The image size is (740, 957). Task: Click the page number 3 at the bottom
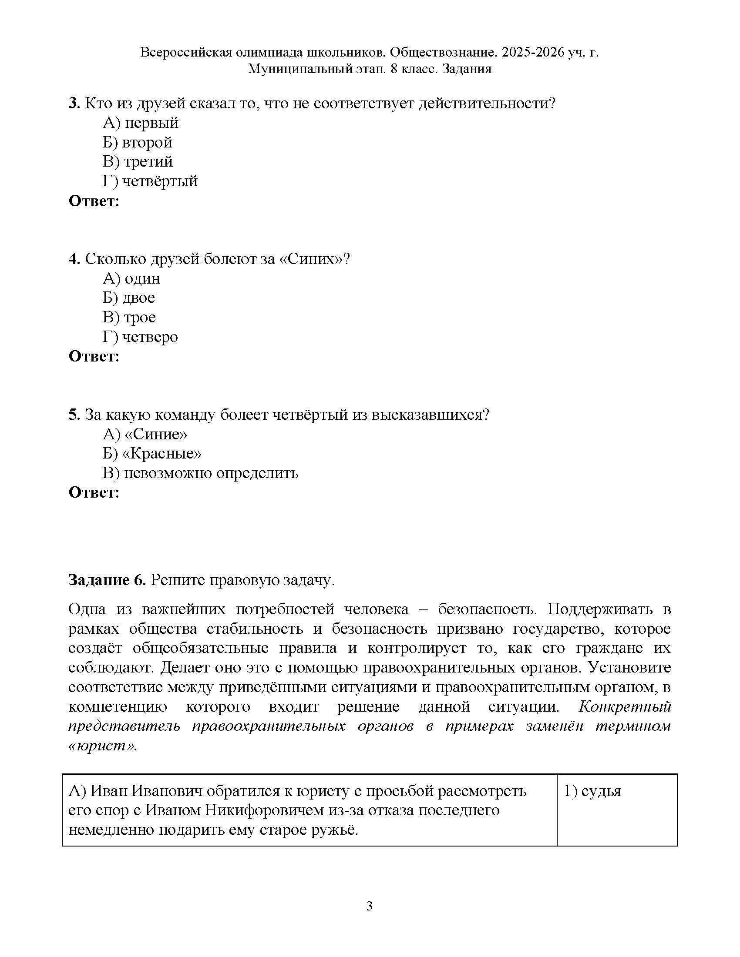click(369, 906)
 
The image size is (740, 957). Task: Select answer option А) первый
click(141, 123)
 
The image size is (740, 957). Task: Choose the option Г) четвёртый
click(150, 181)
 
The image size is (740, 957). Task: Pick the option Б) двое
click(129, 298)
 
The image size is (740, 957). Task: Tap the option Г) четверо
click(140, 337)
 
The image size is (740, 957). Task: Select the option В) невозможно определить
click(200, 473)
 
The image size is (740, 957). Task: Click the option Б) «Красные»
click(152, 453)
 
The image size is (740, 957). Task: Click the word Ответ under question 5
click(94, 492)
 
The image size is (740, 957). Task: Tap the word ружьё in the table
click(334, 830)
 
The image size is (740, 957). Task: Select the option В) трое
click(129, 317)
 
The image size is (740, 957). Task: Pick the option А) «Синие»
click(145, 434)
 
